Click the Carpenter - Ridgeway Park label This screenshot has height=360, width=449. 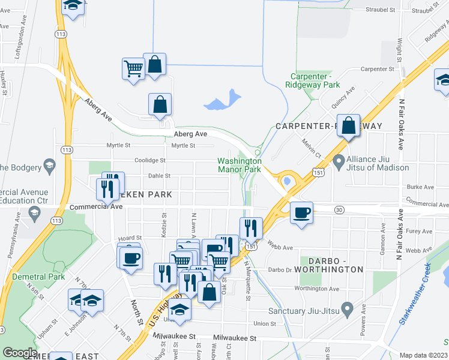pyautogui.click(x=315, y=81)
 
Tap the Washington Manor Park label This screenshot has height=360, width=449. pyautogui.click(x=239, y=165)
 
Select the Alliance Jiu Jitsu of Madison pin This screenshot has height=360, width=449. pyautogui.click(x=339, y=160)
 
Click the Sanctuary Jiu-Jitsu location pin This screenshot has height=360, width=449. pyautogui.click(x=346, y=310)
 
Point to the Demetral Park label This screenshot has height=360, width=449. pyautogui.click(x=37, y=277)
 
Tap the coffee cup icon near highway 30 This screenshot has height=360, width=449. pyautogui.click(x=301, y=212)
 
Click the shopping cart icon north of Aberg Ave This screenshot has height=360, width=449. pyautogui.click(x=133, y=68)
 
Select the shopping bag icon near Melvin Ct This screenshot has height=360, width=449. pyautogui.click(x=348, y=126)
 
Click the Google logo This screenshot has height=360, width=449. pyautogui.click(x=19, y=353)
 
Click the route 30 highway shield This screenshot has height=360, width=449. pyautogui.click(x=340, y=209)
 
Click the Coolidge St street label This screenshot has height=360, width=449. pyautogui.click(x=150, y=160)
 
